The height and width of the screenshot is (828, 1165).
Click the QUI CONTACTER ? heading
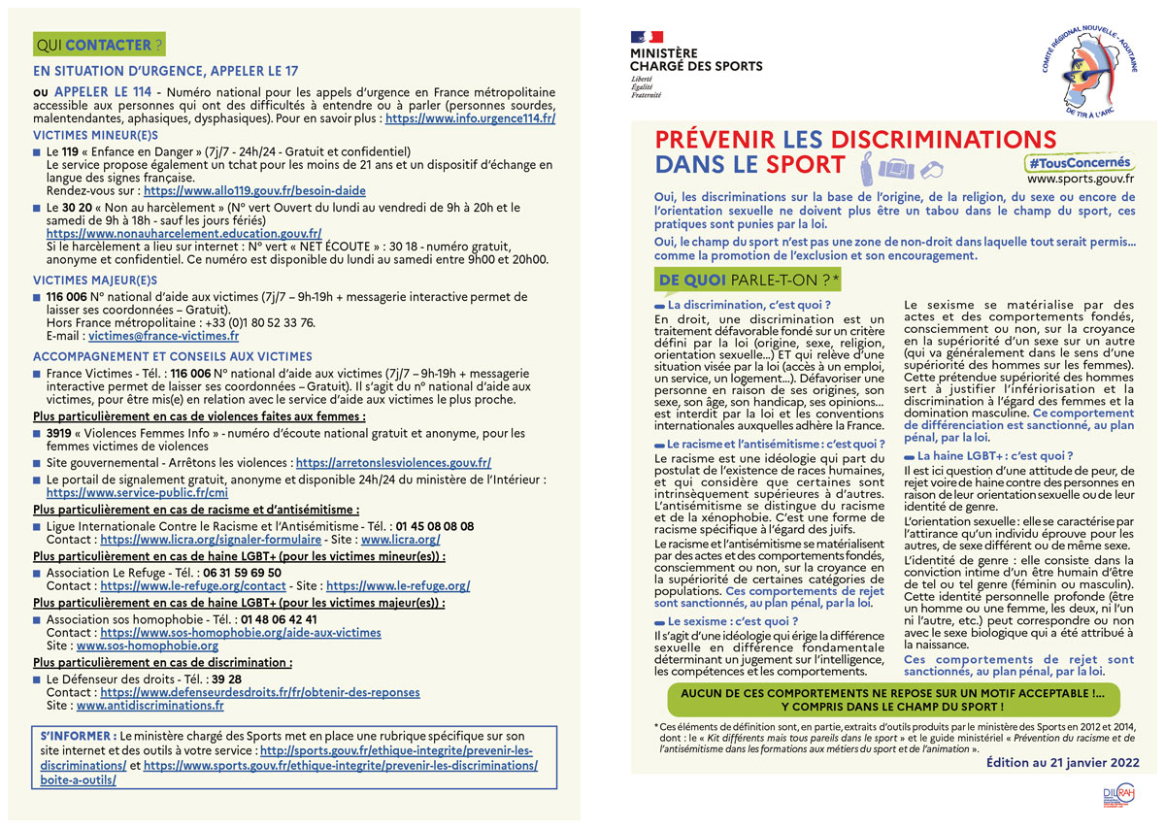point(97,45)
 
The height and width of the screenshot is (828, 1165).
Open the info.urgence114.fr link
point(470,118)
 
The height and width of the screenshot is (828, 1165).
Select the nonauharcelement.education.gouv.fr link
point(183,234)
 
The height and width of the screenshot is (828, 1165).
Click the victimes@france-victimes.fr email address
point(163,336)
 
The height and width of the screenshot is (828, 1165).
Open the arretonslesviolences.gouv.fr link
point(393,463)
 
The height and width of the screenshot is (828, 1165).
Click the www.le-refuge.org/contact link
point(193,586)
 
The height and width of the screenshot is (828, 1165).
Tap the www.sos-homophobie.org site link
point(148,646)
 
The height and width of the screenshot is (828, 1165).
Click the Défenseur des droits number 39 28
point(227,679)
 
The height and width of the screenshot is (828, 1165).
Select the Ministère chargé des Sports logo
point(695,64)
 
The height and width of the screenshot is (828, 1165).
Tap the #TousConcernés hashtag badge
point(1080,163)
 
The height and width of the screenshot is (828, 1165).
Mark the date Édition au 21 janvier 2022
point(1062,763)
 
